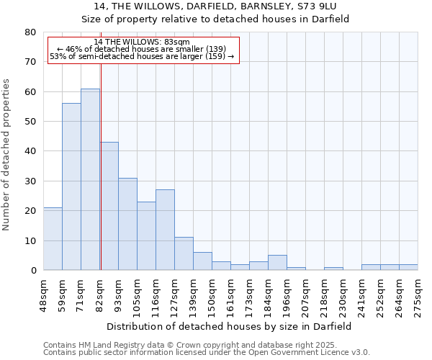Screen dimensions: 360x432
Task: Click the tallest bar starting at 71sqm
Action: click(90, 179)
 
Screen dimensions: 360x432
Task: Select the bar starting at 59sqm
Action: click(71, 186)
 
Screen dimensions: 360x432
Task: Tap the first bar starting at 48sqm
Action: click(53, 238)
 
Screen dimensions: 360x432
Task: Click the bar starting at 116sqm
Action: click(165, 230)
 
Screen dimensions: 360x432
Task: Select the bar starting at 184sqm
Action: click(277, 263)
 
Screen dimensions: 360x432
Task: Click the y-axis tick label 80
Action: click(30, 32)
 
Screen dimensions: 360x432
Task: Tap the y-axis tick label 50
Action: click(30, 122)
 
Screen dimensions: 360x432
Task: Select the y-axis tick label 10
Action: click(30, 240)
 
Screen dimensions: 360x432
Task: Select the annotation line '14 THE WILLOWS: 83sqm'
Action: click(142, 42)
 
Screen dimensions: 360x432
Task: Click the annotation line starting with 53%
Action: click(142, 56)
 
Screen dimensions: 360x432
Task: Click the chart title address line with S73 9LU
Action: click(216, 6)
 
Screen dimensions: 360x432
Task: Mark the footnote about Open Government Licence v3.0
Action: click(206, 353)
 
